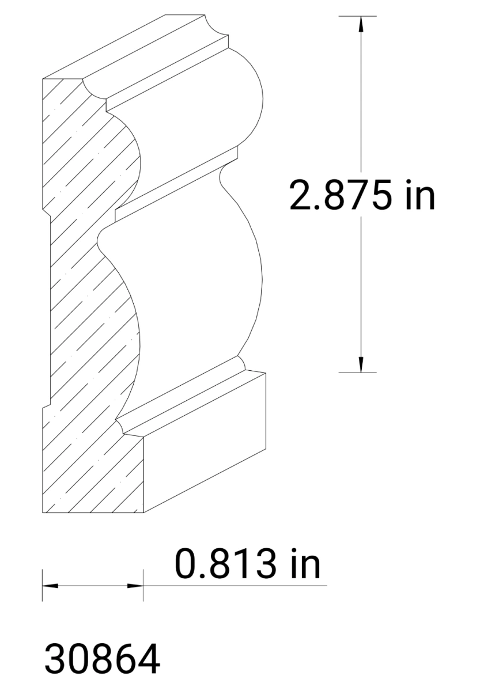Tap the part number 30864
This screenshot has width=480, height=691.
[101, 659]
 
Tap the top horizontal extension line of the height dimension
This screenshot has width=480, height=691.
[357, 16]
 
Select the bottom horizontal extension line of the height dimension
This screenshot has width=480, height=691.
[357, 373]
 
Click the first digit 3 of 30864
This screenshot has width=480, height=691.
[55, 659]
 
